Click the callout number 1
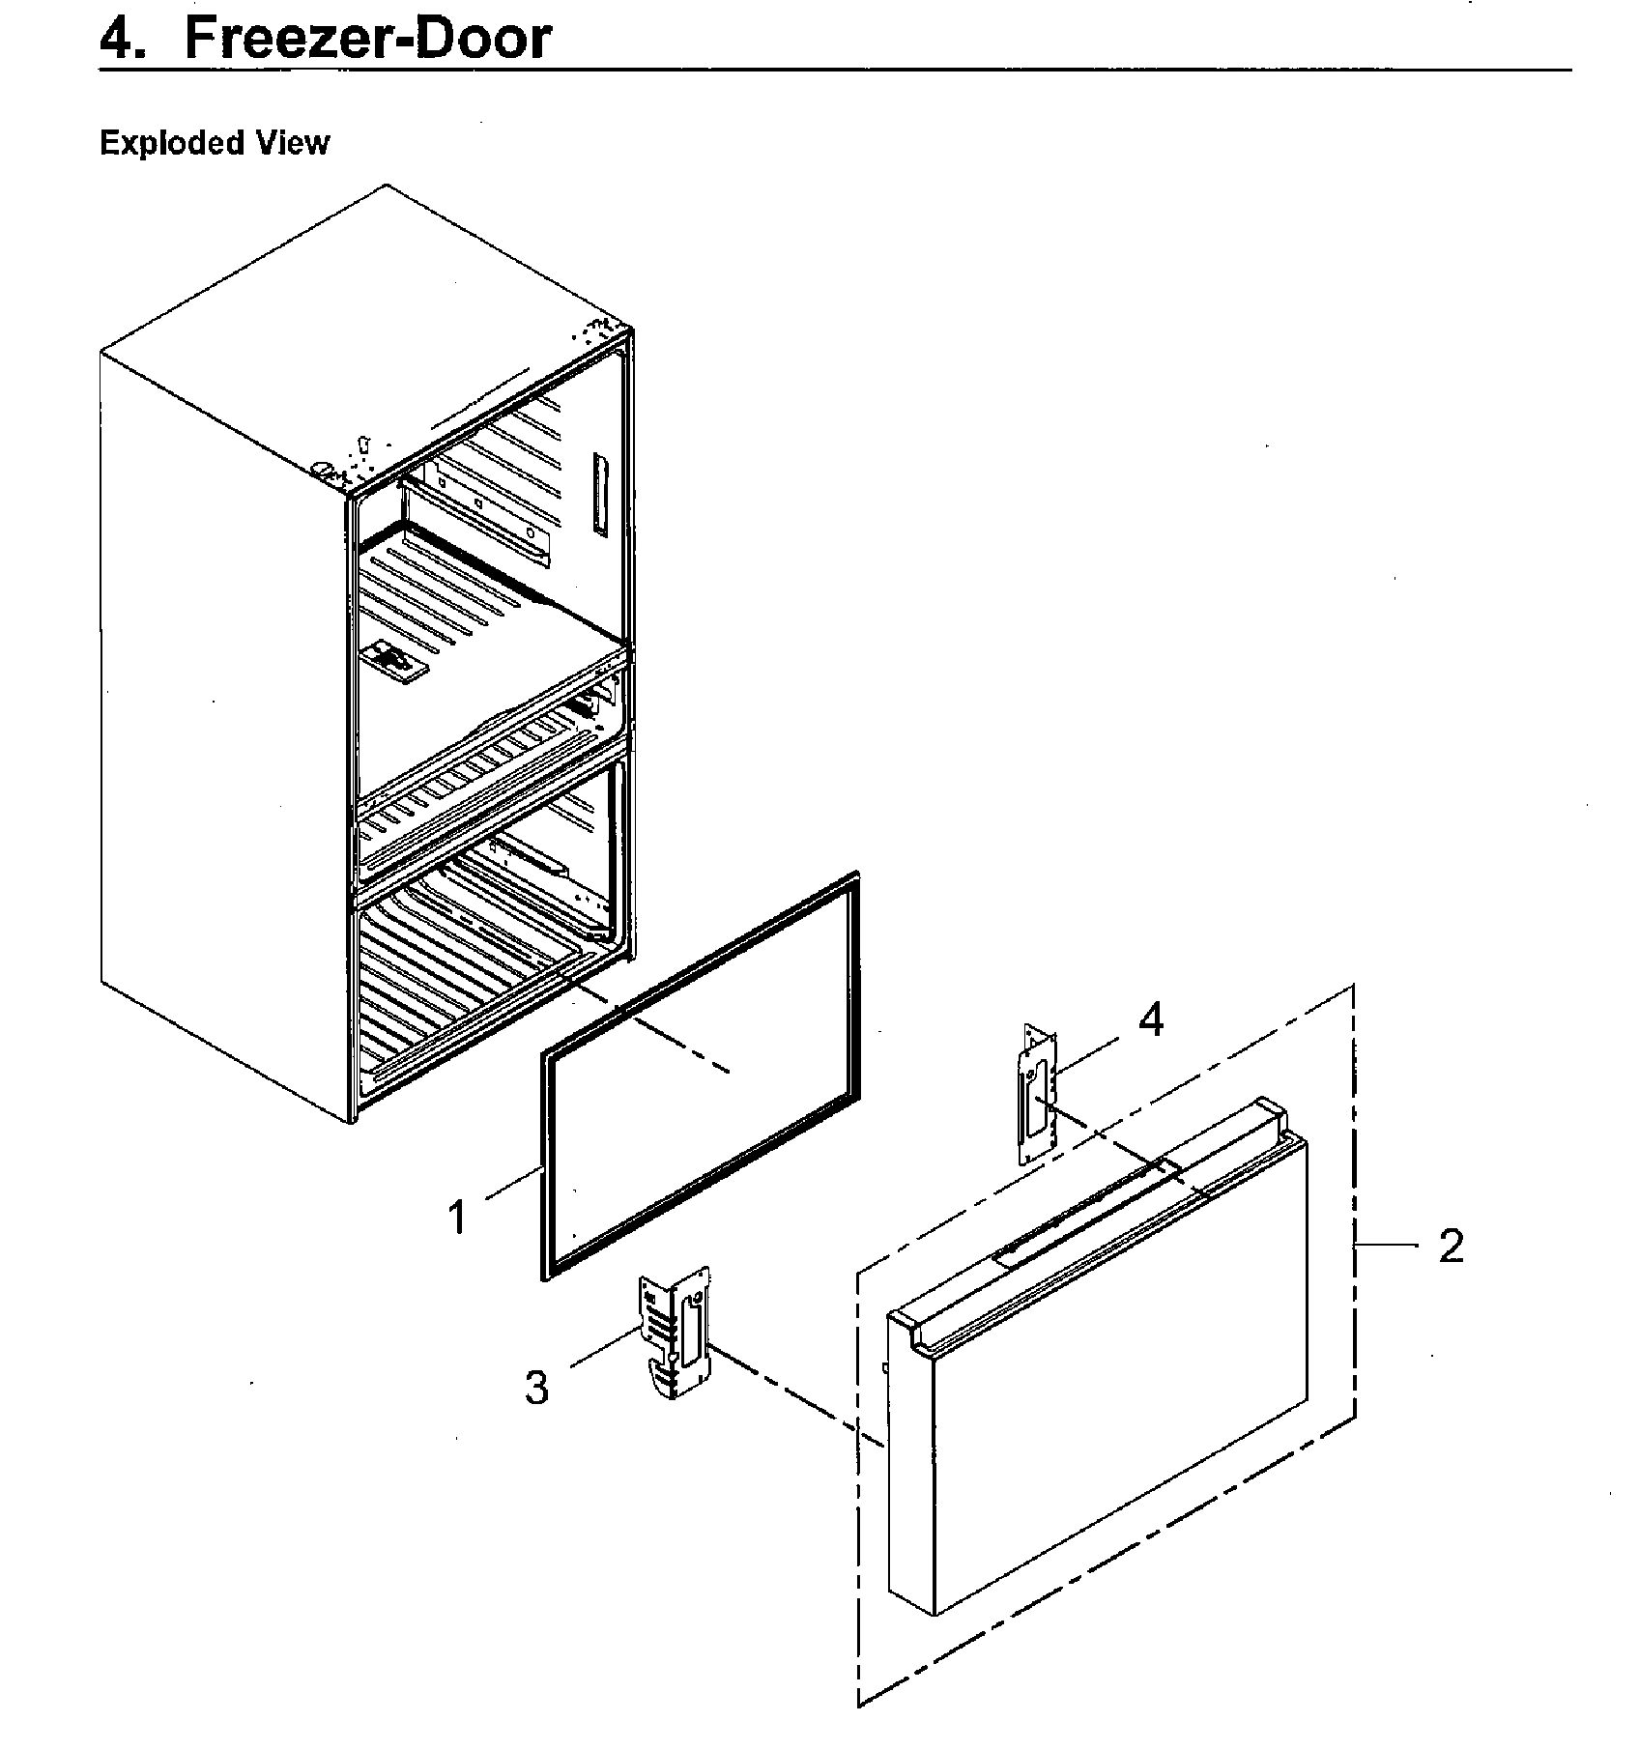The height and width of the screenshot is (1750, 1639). tap(457, 1217)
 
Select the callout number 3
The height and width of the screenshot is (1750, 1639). tap(536, 1388)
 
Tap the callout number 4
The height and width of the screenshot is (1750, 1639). tap(1150, 1019)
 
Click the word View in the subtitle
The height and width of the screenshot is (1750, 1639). tap(293, 143)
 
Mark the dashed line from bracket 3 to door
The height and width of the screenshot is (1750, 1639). tap(792, 1391)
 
